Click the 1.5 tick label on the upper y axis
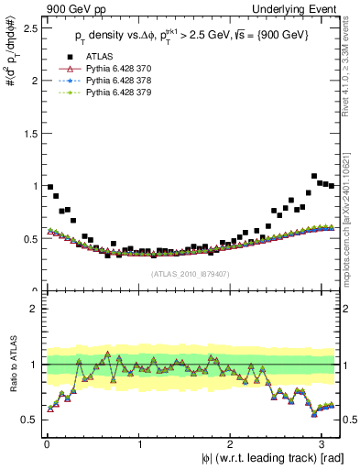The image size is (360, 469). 29,133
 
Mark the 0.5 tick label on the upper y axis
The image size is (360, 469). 29,238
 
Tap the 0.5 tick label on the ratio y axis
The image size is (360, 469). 29,420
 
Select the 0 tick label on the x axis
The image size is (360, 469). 47,442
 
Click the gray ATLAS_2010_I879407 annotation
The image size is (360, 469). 183,273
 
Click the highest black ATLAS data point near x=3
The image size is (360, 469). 314,176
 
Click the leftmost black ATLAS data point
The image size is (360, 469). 49,187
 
